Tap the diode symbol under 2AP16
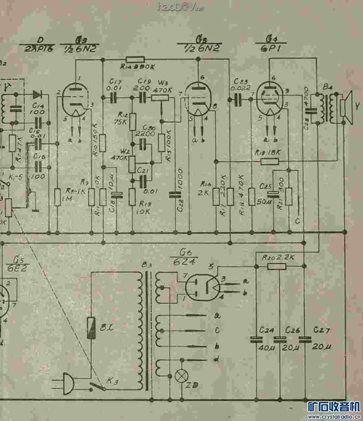[x=37, y=94]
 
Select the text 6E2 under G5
[x=12, y=269]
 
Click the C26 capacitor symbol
[x=280, y=339]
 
